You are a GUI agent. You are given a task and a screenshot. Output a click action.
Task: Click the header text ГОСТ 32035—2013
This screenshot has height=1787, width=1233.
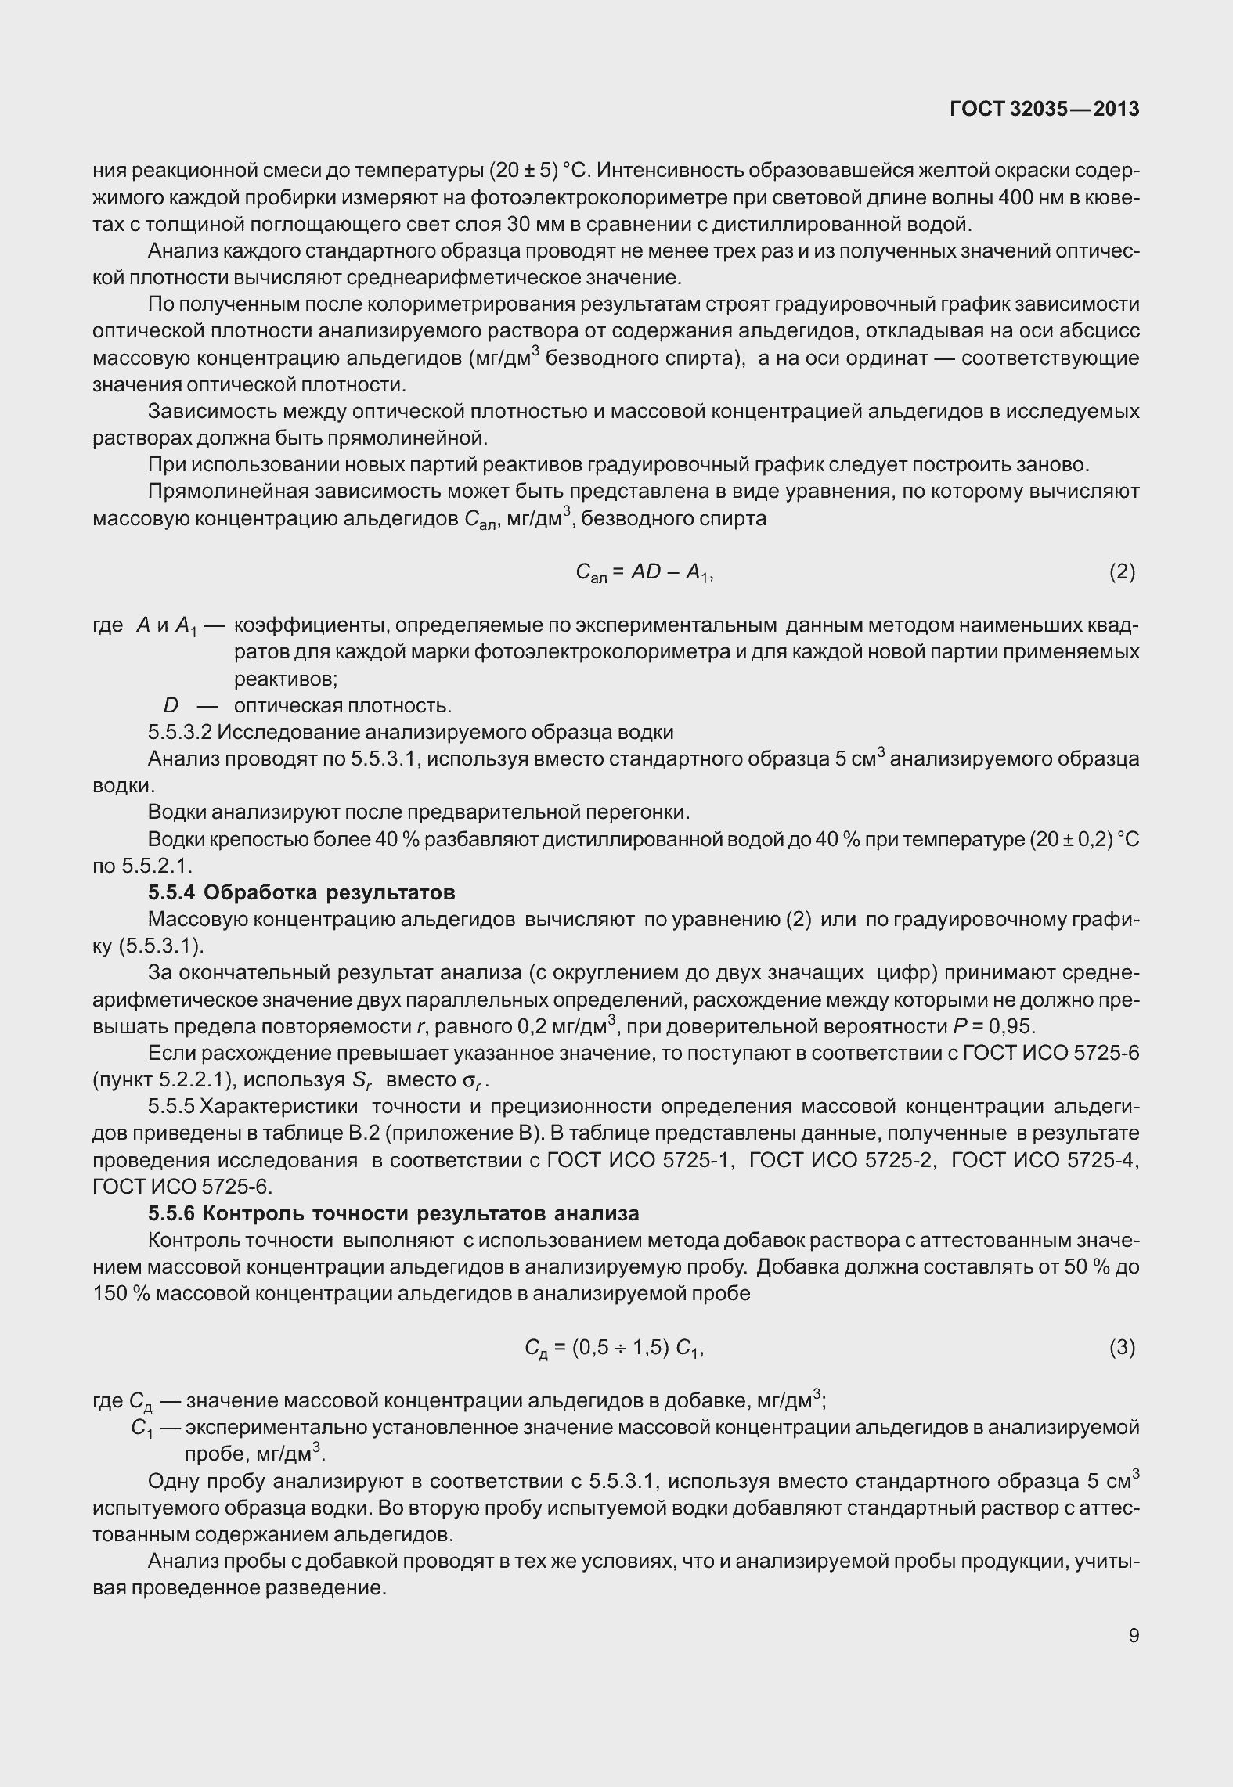[x=1044, y=110]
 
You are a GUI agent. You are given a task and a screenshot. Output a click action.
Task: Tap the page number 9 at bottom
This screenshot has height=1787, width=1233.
[x=1134, y=1636]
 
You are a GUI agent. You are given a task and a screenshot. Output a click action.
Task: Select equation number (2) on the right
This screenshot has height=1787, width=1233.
[x=1122, y=572]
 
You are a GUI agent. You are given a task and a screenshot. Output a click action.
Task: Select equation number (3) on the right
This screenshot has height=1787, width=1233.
[x=1122, y=1347]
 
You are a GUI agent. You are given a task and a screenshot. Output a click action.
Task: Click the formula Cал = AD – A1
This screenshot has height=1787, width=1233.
[x=644, y=574]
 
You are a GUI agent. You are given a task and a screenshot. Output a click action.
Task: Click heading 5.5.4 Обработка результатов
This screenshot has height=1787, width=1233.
[x=301, y=892]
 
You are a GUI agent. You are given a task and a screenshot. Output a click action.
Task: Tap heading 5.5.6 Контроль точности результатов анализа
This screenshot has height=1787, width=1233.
[x=394, y=1213]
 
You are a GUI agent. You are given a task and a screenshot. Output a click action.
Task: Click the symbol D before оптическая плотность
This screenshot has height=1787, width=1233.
[x=171, y=706]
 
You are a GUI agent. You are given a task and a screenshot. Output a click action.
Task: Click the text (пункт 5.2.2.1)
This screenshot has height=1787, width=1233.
[x=163, y=1080]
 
